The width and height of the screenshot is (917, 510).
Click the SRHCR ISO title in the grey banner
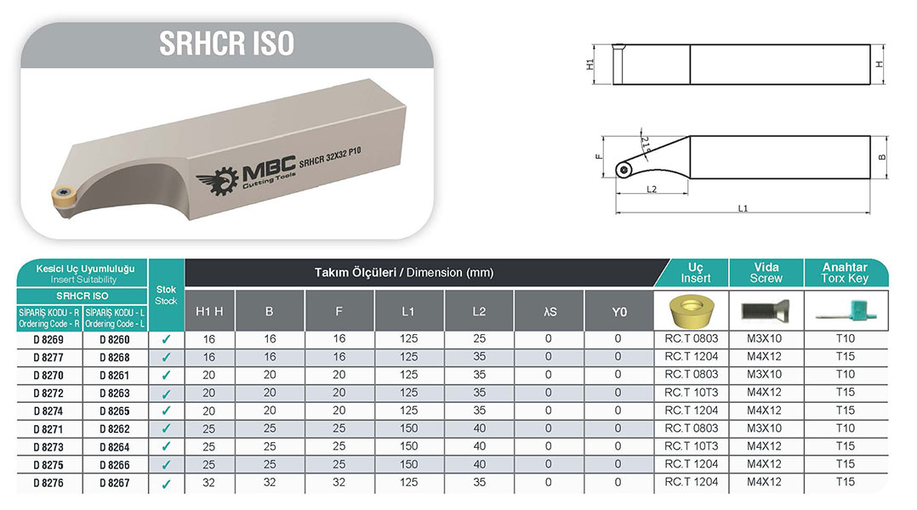(226, 44)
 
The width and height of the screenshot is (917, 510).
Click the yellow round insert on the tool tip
(62, 196)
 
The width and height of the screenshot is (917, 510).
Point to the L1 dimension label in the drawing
(743, 208)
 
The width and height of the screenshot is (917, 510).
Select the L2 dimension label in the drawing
(652, 190)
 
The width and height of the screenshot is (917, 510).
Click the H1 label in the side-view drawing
(590, 65)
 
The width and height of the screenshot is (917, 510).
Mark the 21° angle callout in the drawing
(645, 143)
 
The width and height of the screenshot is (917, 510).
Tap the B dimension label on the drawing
(882, 157)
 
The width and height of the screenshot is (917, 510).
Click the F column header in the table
(339, 311)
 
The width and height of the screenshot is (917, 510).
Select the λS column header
(550, 311)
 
